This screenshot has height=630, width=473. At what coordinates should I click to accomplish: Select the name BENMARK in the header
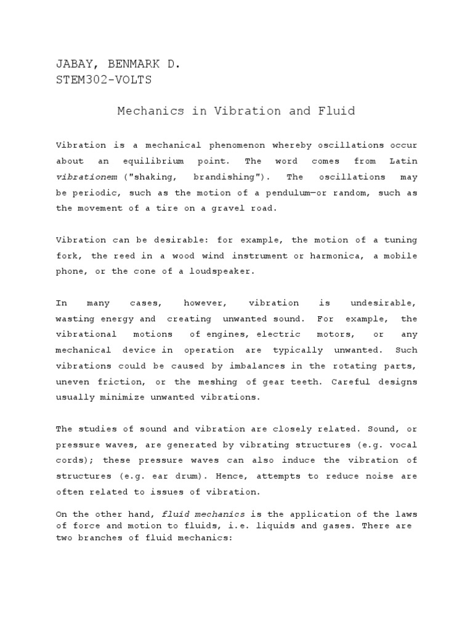[132, 63]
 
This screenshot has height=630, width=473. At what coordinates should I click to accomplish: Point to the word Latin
[403, 161]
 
